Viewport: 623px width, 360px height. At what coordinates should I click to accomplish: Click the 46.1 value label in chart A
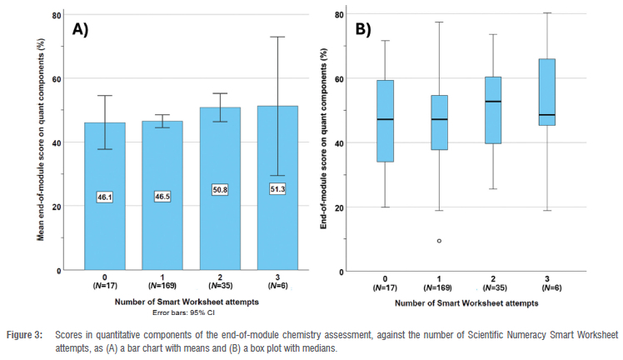click(105, 197)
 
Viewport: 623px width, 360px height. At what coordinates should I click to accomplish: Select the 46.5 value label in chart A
click(163, 197)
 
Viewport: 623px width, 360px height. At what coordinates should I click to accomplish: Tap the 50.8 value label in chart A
click(221, 190)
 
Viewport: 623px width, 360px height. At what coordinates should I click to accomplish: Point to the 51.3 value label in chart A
click(278, 189)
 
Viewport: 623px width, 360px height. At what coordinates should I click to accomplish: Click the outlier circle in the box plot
click(439, 241)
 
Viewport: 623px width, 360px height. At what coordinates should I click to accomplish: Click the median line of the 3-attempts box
click(546, 115)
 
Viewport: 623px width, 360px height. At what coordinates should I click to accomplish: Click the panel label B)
click(364, 29)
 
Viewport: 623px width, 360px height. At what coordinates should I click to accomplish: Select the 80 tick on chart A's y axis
click(56, 15)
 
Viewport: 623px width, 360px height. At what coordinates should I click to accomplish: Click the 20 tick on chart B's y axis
click(339, 207)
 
